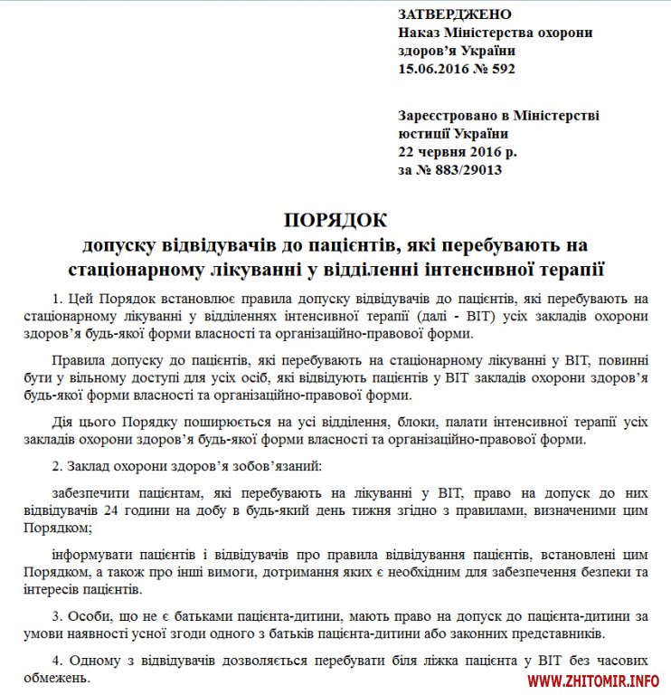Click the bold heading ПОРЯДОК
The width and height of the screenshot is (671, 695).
click(335, 220)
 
